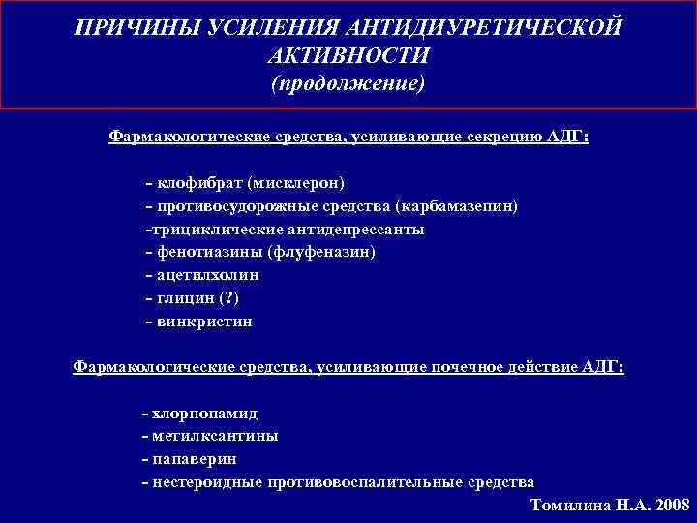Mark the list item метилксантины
pyautogui.click(x=214, y=436)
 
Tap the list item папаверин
pyautogui.click(x=194, y=459)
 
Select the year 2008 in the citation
pyautogui.click(x=667, y=506)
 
